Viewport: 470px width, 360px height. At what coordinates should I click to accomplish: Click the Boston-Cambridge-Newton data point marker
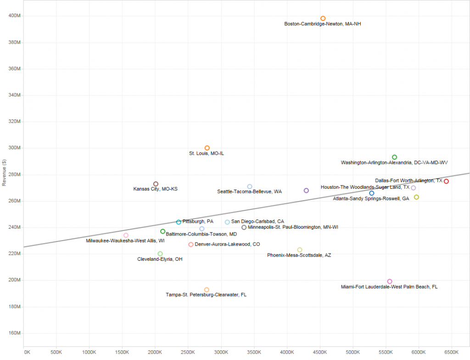(x=323, y=18)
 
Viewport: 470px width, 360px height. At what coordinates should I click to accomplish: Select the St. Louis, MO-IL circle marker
(x=207, y=148)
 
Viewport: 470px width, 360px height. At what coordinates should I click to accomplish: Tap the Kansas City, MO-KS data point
(x=156, y=184)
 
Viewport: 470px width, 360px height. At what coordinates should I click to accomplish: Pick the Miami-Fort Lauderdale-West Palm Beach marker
(x=390, y=281)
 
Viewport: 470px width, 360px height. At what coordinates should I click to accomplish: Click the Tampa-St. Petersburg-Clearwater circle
(x=207, y=290)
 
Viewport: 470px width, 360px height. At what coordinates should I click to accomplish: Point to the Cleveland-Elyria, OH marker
(x=160, y=253)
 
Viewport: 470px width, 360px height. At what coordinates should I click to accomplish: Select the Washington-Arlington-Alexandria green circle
(x=394, y=157)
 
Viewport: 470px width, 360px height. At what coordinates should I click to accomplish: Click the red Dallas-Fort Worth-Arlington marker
(x=446, y=181)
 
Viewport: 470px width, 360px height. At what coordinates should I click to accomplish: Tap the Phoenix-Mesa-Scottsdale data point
(x=300, y=250)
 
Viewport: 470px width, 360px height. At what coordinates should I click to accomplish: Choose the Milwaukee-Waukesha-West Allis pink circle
(x=126, y=235)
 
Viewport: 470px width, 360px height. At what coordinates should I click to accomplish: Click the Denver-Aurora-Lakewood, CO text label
(x=227, y=244)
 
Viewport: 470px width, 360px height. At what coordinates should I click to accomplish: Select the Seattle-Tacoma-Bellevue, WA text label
(x=249, y=191)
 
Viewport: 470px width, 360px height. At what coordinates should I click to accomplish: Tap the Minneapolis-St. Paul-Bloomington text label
(x=293, y=227)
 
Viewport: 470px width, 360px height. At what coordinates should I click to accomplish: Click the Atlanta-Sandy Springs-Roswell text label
(x=371, y=199)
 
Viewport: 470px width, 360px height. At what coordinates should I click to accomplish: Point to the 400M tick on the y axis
(x=15, y=16)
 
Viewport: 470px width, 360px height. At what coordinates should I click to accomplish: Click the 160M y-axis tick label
(x=15, y=333)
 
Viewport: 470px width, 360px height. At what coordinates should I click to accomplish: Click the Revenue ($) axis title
(x=4, y=173)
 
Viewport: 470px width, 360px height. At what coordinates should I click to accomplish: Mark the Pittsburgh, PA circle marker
(x=179, y=222)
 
